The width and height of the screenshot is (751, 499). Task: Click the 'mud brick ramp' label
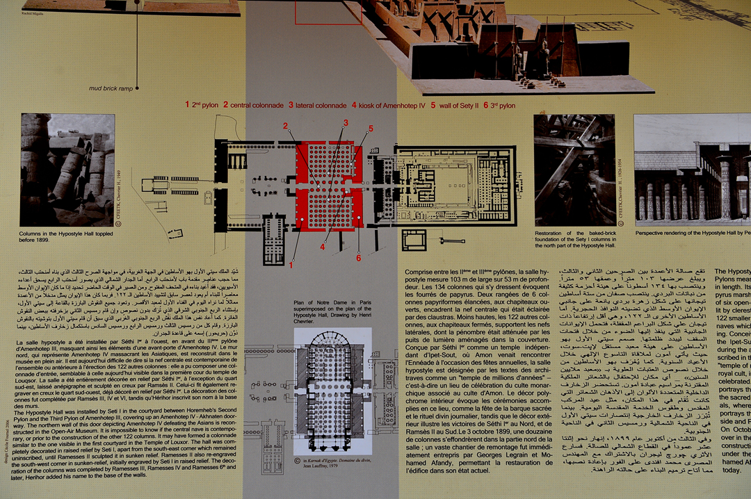pos(111,88)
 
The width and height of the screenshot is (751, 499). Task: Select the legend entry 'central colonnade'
pos(253,105)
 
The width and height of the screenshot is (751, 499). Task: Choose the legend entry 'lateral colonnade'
pos(317,105)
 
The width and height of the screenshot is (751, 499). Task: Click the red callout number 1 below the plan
pos(291,264)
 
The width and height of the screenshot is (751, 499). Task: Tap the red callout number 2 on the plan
pos(285,126)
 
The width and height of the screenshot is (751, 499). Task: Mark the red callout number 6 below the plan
pos(359,258)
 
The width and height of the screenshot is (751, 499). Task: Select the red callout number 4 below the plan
pos(323,247)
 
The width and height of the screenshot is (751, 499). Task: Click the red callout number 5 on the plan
pos(371,129)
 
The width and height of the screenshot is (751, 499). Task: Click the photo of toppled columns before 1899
pos(67,170)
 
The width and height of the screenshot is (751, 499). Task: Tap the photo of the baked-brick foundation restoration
pos(574,170)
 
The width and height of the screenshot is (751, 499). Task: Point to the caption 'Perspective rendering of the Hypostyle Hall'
pos(693,233)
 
